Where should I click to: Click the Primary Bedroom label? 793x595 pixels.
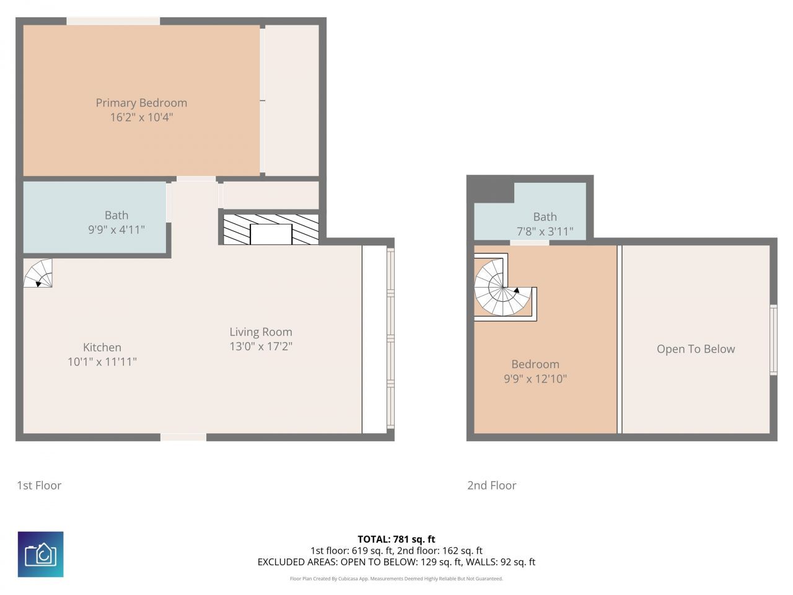coord(141,103)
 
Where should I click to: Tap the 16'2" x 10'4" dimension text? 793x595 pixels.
coord(141,117)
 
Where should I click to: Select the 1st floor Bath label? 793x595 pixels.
coord(116,215)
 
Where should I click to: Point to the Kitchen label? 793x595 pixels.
coord(102,348)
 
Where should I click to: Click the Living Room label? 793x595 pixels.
coord(261,332)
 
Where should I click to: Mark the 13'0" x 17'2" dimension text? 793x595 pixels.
coord(261,346)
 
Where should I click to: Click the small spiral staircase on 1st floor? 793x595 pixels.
coord(38,273)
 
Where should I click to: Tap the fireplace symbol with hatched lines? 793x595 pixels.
coord(271,229)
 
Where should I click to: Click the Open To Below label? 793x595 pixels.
coord(696,349)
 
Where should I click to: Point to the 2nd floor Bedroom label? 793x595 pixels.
coord(535,364)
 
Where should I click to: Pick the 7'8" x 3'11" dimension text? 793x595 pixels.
coord(545,232)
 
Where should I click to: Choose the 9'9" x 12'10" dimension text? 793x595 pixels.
coord(535,379)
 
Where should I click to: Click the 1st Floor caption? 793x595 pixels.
coord(39,485)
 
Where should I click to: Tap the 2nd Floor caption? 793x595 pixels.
coord(492,485)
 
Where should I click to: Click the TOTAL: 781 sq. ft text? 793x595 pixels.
coord(396,539)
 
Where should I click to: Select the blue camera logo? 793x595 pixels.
coord(41,554)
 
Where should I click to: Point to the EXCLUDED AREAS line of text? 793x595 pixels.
coord(396,562)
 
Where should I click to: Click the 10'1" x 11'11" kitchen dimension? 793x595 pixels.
coord(102,362)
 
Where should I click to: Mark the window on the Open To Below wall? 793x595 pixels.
coord(773,340)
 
